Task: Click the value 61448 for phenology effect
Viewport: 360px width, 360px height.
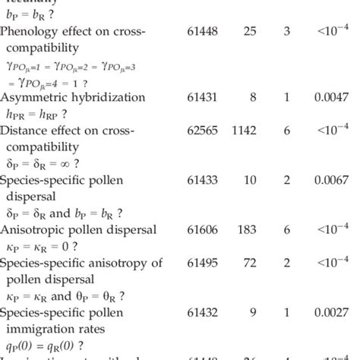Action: [203, 33]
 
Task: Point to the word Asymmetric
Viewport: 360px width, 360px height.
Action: [35, 98]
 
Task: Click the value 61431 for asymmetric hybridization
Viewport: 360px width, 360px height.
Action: [203, 98]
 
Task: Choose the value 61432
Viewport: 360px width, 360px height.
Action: [203, 311]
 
